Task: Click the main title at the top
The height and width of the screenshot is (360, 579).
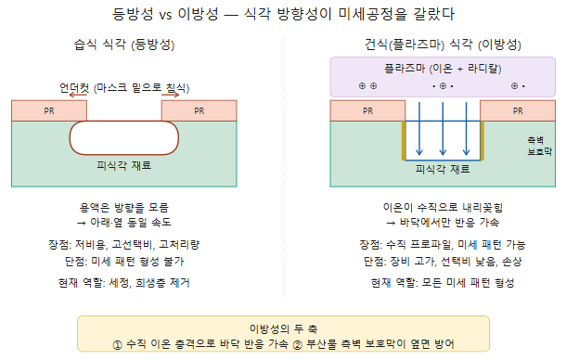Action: [283, 14]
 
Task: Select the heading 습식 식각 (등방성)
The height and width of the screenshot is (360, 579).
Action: [124, 45]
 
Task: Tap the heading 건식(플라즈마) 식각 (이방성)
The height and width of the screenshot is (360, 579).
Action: [443, 45]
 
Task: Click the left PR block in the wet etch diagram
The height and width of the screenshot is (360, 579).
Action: [49, 110]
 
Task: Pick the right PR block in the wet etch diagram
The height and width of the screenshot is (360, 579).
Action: [199, 110]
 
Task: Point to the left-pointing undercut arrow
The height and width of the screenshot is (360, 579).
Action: [78, 96]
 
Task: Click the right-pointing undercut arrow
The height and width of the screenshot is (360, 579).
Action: [170, 96]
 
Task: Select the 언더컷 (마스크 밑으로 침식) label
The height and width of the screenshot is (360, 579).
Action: [124, 88]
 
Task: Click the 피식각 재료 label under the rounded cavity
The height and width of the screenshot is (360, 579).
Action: [124, 165]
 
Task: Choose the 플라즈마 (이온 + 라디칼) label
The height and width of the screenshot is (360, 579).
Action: [443, 69]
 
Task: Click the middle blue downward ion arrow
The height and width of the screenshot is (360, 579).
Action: [443, 129]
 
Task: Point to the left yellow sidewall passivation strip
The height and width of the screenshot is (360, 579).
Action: [404, 141]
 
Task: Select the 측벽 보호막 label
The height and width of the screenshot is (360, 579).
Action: [539, 146]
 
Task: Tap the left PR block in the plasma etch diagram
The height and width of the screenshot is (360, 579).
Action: [367, 110]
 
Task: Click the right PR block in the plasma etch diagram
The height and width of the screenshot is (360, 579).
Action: [518, 110]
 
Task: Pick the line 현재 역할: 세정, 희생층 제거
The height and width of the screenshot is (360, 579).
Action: [124, 283]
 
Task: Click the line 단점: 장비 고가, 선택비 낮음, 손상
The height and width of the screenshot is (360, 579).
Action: [443, 262]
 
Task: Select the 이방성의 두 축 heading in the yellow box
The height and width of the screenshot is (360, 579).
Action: [283, 328]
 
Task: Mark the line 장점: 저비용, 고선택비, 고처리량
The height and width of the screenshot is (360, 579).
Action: [124, 244]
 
